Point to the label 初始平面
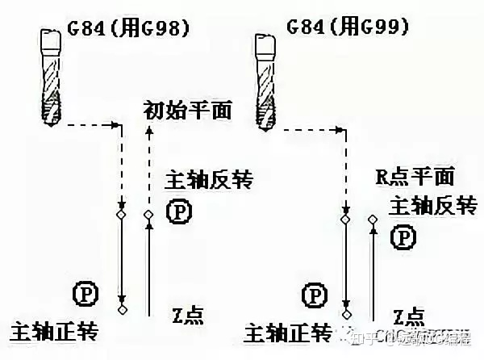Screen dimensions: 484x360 (187, 109)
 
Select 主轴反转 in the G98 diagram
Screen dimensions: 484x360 (207, 179)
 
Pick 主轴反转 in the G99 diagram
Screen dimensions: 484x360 (432, 206)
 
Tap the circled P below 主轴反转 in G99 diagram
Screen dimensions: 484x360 (403, 237)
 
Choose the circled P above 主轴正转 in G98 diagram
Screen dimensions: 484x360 (84, 292)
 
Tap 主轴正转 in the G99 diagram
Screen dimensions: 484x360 (286, 332)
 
